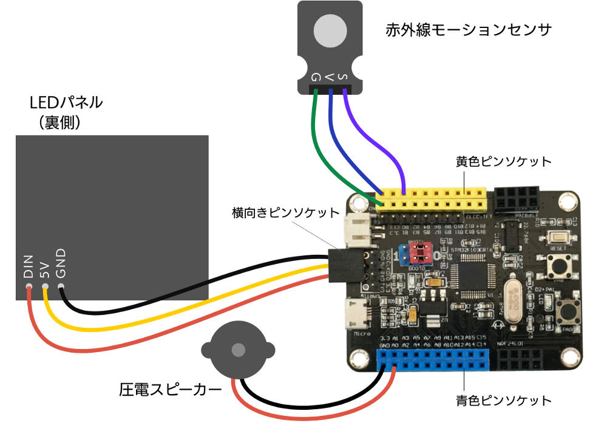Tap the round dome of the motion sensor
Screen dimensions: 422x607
point(330,30)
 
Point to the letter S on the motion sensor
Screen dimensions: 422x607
point(343,77)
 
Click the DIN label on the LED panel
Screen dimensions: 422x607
point(29,267)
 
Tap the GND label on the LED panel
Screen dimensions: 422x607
point(61,263)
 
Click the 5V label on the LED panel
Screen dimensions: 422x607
point(44,270)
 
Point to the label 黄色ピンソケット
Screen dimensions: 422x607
point(504,162)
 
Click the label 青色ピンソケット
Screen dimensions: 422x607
point(504,400)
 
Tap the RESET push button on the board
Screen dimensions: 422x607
point(556,238)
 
